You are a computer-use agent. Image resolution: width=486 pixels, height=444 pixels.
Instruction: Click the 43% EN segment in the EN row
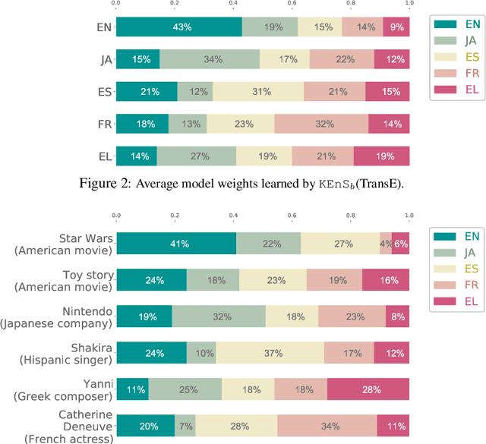[x=178, y=27]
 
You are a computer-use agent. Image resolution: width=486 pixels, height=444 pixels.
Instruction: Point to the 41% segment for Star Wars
[x=175, y=244]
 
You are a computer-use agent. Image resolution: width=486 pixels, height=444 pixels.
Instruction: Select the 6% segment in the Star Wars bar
[x=400, y=244]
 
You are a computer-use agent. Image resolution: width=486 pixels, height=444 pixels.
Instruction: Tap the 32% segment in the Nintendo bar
[x=219, y=316]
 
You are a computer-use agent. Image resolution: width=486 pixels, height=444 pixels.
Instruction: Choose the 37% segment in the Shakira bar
[x=270, y=352]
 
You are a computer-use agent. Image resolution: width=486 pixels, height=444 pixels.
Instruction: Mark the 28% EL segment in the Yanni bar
[x=368, y=389]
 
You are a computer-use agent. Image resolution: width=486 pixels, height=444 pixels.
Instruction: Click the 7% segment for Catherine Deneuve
[x=185, y=425]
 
